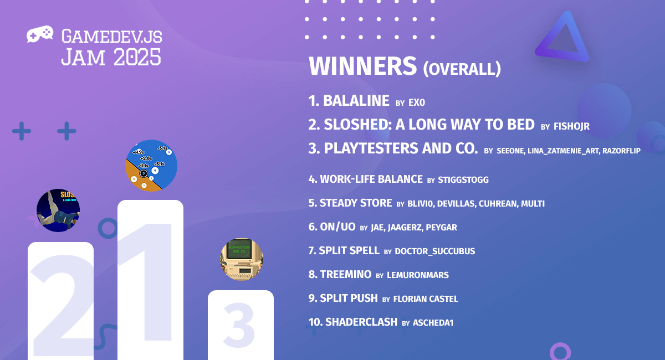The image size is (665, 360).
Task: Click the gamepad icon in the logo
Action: (40, 34)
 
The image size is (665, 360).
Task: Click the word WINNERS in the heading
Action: (362, 66)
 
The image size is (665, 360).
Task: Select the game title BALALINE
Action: (356, 101)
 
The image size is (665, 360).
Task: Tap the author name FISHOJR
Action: (571, 127)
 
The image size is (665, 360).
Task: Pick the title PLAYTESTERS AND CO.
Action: (401, 149)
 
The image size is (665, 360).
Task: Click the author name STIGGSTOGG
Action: (463, 180)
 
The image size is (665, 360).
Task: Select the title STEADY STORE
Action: (356, 203)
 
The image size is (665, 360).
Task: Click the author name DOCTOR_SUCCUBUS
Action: (434, 251)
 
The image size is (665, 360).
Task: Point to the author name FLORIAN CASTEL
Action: (426, 299)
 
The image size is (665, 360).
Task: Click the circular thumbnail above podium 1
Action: (151, 166)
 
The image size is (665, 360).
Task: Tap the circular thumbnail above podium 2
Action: (58, 210)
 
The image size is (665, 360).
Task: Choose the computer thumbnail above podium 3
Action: (242, 259)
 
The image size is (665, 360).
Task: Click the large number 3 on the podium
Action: (239, 326)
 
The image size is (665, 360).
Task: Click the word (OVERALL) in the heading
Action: (462, 69)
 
